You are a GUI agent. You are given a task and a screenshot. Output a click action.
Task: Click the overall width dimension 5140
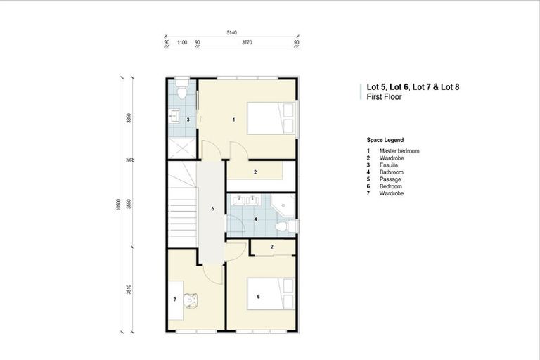[231, 33]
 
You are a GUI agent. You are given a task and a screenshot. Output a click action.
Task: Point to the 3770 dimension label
[247, 42]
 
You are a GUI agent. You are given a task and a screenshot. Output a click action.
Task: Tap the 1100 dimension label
[181, 42]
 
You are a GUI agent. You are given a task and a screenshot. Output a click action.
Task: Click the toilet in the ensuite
[181, 91]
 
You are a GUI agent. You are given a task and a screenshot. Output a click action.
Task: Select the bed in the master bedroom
[271, 118]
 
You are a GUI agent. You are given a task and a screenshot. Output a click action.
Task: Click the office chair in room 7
[191, 299]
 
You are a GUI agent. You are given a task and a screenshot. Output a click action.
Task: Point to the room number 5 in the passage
[212, 209]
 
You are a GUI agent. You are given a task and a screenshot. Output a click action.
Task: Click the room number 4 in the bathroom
[256, 220]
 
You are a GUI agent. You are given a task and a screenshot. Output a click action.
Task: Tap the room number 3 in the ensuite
[178, 120]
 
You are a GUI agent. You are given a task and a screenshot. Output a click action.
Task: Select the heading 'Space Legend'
[385, 140]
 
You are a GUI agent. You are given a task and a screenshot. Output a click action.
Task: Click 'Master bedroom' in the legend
[399, 151]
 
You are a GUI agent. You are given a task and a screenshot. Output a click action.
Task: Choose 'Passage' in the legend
[390, 179]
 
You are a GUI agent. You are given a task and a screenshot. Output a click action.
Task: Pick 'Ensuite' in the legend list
[390, 165]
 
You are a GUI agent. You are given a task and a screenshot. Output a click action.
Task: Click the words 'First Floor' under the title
[384, 97]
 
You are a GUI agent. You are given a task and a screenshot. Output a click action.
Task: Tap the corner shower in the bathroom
[285, 205]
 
